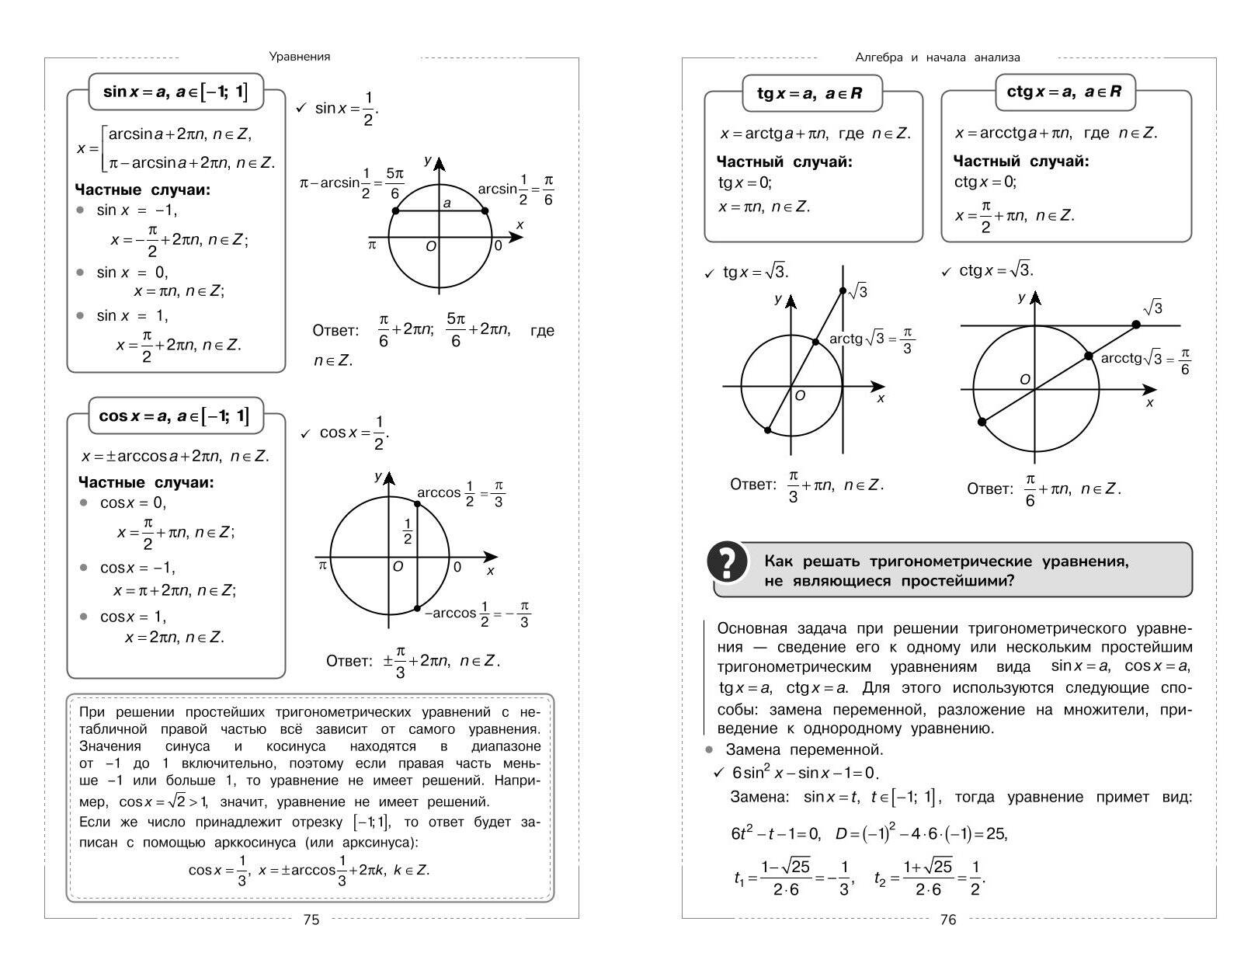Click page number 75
tap(311, 920)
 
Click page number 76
tap(948, 920)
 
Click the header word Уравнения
tap(300, 57)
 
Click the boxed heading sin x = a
tap(175, 92)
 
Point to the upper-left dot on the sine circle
tap(396, 210)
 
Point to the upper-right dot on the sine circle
tap(485, 210)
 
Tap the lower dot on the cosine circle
tap(418, 608)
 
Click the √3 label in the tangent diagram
tap(858, 291)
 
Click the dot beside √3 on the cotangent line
tap(1136, 325)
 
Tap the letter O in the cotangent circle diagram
tap(1024, 380)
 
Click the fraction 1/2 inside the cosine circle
tap(407, 530)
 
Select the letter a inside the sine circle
tap(447, 203)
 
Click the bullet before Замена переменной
tap(708, 749)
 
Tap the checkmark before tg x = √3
tap(709, 273)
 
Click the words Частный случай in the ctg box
tap(1020, 162)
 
